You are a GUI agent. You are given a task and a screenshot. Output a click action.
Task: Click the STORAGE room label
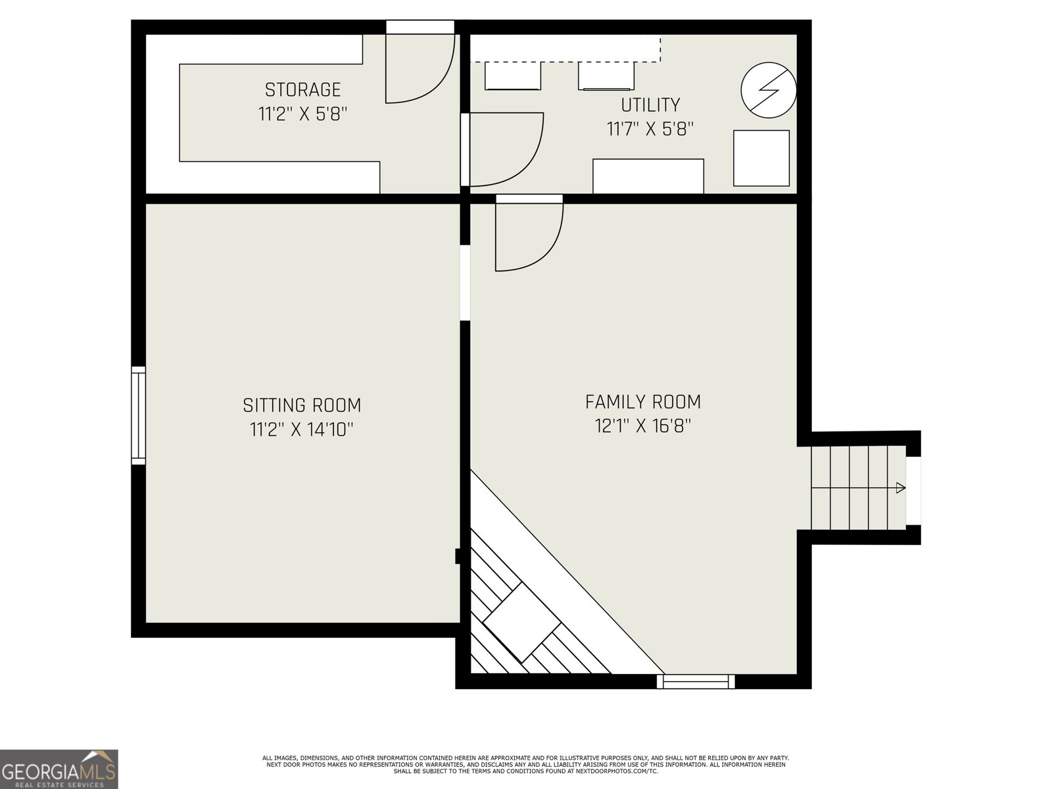coord(302,89)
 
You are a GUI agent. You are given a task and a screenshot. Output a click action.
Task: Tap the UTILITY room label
coord(650,105)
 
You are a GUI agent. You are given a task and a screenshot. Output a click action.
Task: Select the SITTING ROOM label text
coord(302,404)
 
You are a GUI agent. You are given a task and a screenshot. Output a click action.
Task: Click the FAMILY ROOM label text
coord(643,401)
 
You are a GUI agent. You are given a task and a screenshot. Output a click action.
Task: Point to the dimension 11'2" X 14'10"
coord(302,429)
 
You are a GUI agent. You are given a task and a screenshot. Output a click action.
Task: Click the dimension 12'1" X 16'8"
coord(643,426)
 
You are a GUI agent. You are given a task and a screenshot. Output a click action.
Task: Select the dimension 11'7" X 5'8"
coord(650,129)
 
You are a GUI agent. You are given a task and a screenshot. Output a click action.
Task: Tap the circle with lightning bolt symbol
coord(769,90)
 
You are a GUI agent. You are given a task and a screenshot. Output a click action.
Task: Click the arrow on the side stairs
coord(900,488)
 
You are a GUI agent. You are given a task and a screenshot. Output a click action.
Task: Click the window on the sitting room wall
coord(138,416)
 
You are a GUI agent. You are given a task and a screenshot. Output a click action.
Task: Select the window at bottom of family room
coord(696,681)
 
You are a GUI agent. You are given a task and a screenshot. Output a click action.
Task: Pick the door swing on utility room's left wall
coord(503,150)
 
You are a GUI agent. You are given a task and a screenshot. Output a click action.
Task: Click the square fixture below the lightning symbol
coord(761,158)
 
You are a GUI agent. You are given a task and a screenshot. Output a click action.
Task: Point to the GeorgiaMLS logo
coord(59,769)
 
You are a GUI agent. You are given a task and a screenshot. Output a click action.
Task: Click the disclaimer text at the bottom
coord(525,765)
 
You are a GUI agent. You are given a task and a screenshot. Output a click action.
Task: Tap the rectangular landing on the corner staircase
coord(521,622)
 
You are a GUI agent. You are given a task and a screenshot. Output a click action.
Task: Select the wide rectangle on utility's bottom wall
coord(648,176)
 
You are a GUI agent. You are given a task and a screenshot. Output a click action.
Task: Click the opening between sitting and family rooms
coord(465,283)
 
